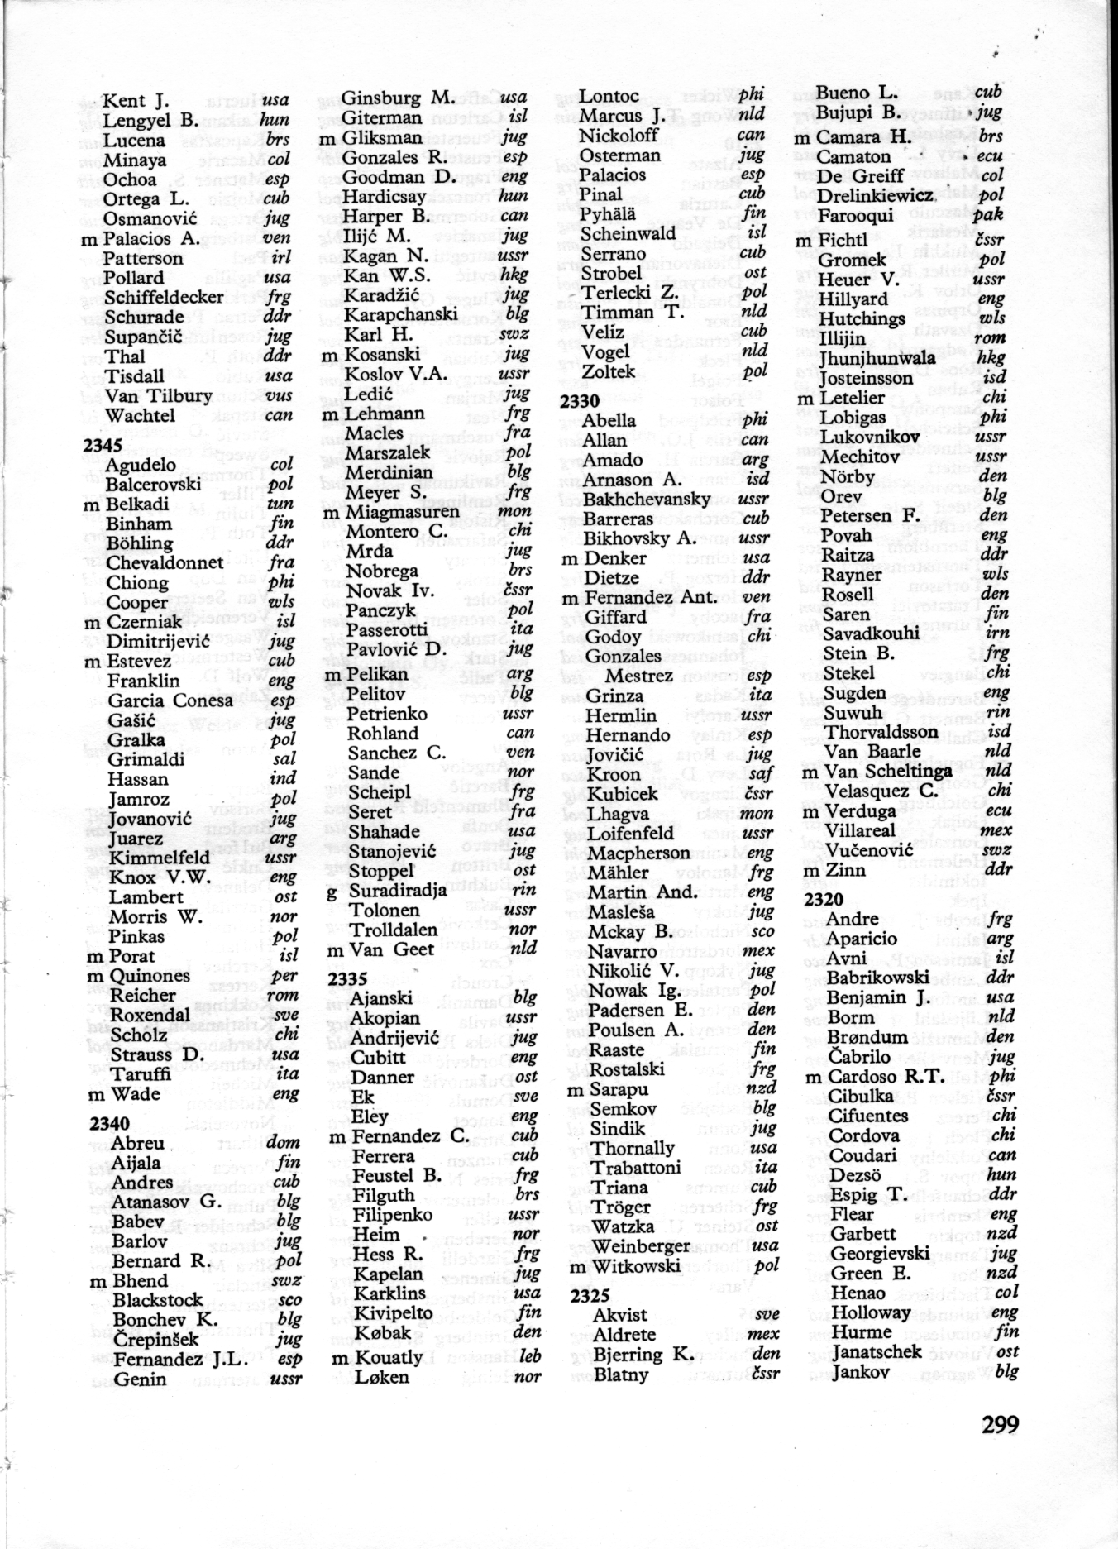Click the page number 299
click(x=1000, y=1424)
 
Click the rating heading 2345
click(x=103, y=446)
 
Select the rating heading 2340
click(x=109, y=1122)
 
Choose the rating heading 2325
click(x=590, y=1294)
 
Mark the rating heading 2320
click(x=824, y=899)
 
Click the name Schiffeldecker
click(x=165, y=297)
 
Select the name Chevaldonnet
click(x=165, y=562)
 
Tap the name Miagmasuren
click(x=401, y=512)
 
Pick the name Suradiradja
click(x=398, y=891)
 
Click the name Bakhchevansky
click(x=646, y=500)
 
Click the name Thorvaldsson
click(x=881, y=732)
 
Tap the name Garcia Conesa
click(x=170, y=700)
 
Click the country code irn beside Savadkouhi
click(x=997, y=633)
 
